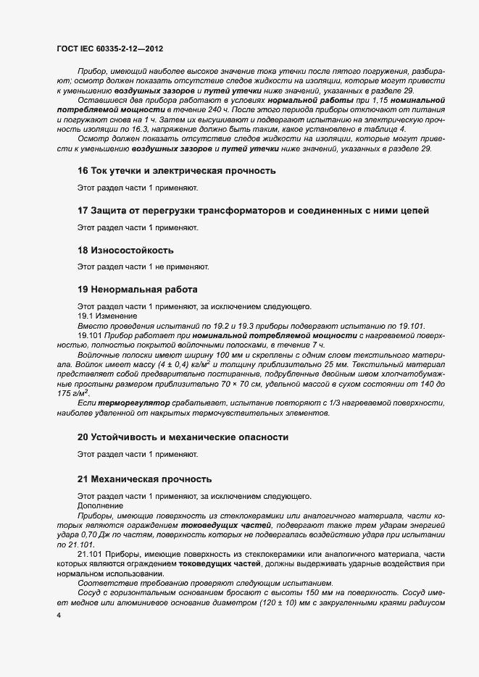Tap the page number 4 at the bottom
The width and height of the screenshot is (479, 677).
pyautogui.click(x=58, y=615)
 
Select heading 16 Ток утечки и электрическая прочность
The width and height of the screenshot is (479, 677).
pyautogui.click(x=176, y=172)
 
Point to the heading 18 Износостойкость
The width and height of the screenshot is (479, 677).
pyautogui.click(x=125, y=250)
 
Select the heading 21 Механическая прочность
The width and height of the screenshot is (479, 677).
pyautogui.click(x=144, y=479)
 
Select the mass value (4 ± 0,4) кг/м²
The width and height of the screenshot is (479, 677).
pyautogui.click(x=175, y=364)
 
